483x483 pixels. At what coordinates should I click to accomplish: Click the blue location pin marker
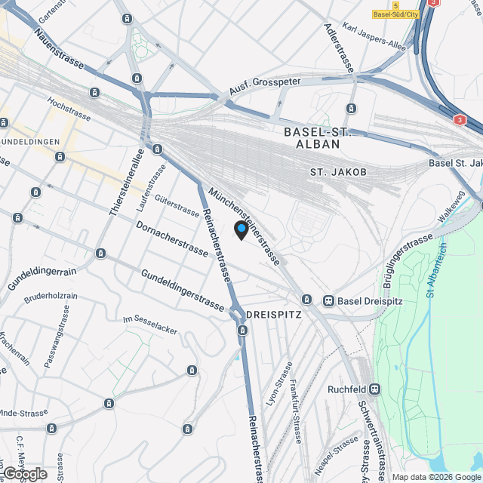coord(241,229)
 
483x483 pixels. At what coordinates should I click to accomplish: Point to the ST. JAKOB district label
coord(338,173)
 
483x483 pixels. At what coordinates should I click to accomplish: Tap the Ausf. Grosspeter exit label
coord(265,87)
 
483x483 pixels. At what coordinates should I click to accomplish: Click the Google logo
coord(25,473)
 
